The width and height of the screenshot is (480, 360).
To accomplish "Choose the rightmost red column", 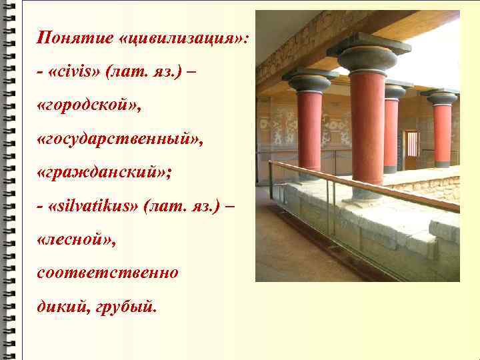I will tap(442, 133).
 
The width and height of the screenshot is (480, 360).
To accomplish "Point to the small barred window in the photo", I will tap(413, 143).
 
